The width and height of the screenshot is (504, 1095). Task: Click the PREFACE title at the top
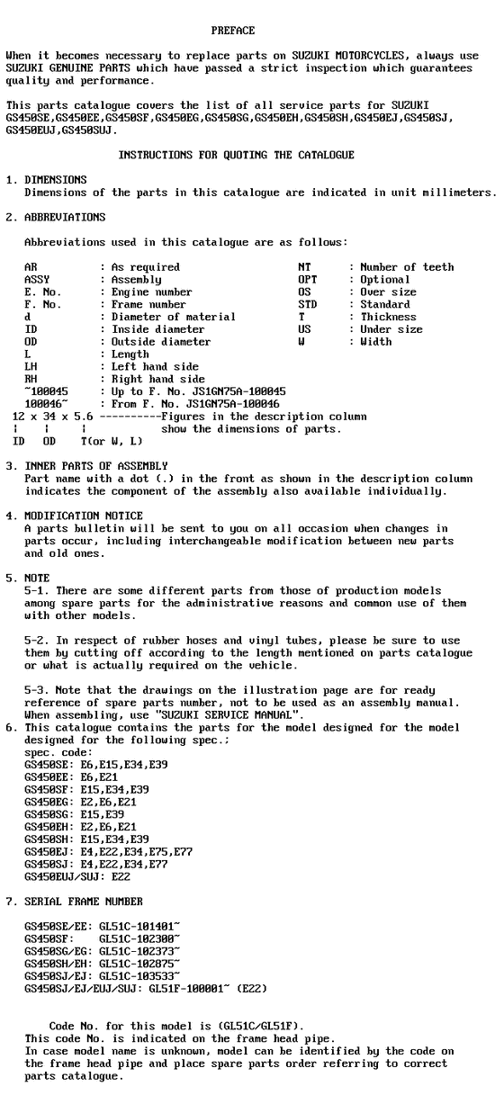pos(232,31)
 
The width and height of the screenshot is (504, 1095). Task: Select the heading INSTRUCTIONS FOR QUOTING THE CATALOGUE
pos(236,155)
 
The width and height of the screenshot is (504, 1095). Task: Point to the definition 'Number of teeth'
pos(407,267)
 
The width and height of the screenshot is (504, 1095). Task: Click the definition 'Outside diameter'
pos(161,342)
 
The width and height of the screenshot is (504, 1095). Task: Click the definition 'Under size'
pos(391,329)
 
